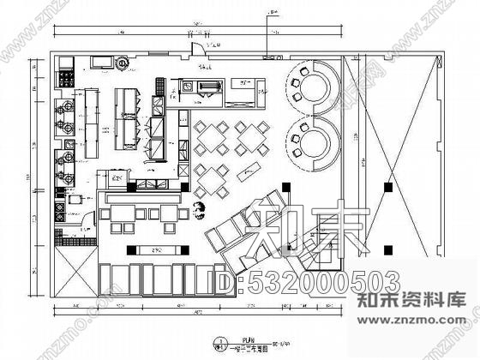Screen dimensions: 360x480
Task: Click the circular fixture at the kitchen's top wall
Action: tap(123, 62)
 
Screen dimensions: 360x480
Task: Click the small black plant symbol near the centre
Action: tap(201, 207)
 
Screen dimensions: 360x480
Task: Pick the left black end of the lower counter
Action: tap(129, 250)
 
